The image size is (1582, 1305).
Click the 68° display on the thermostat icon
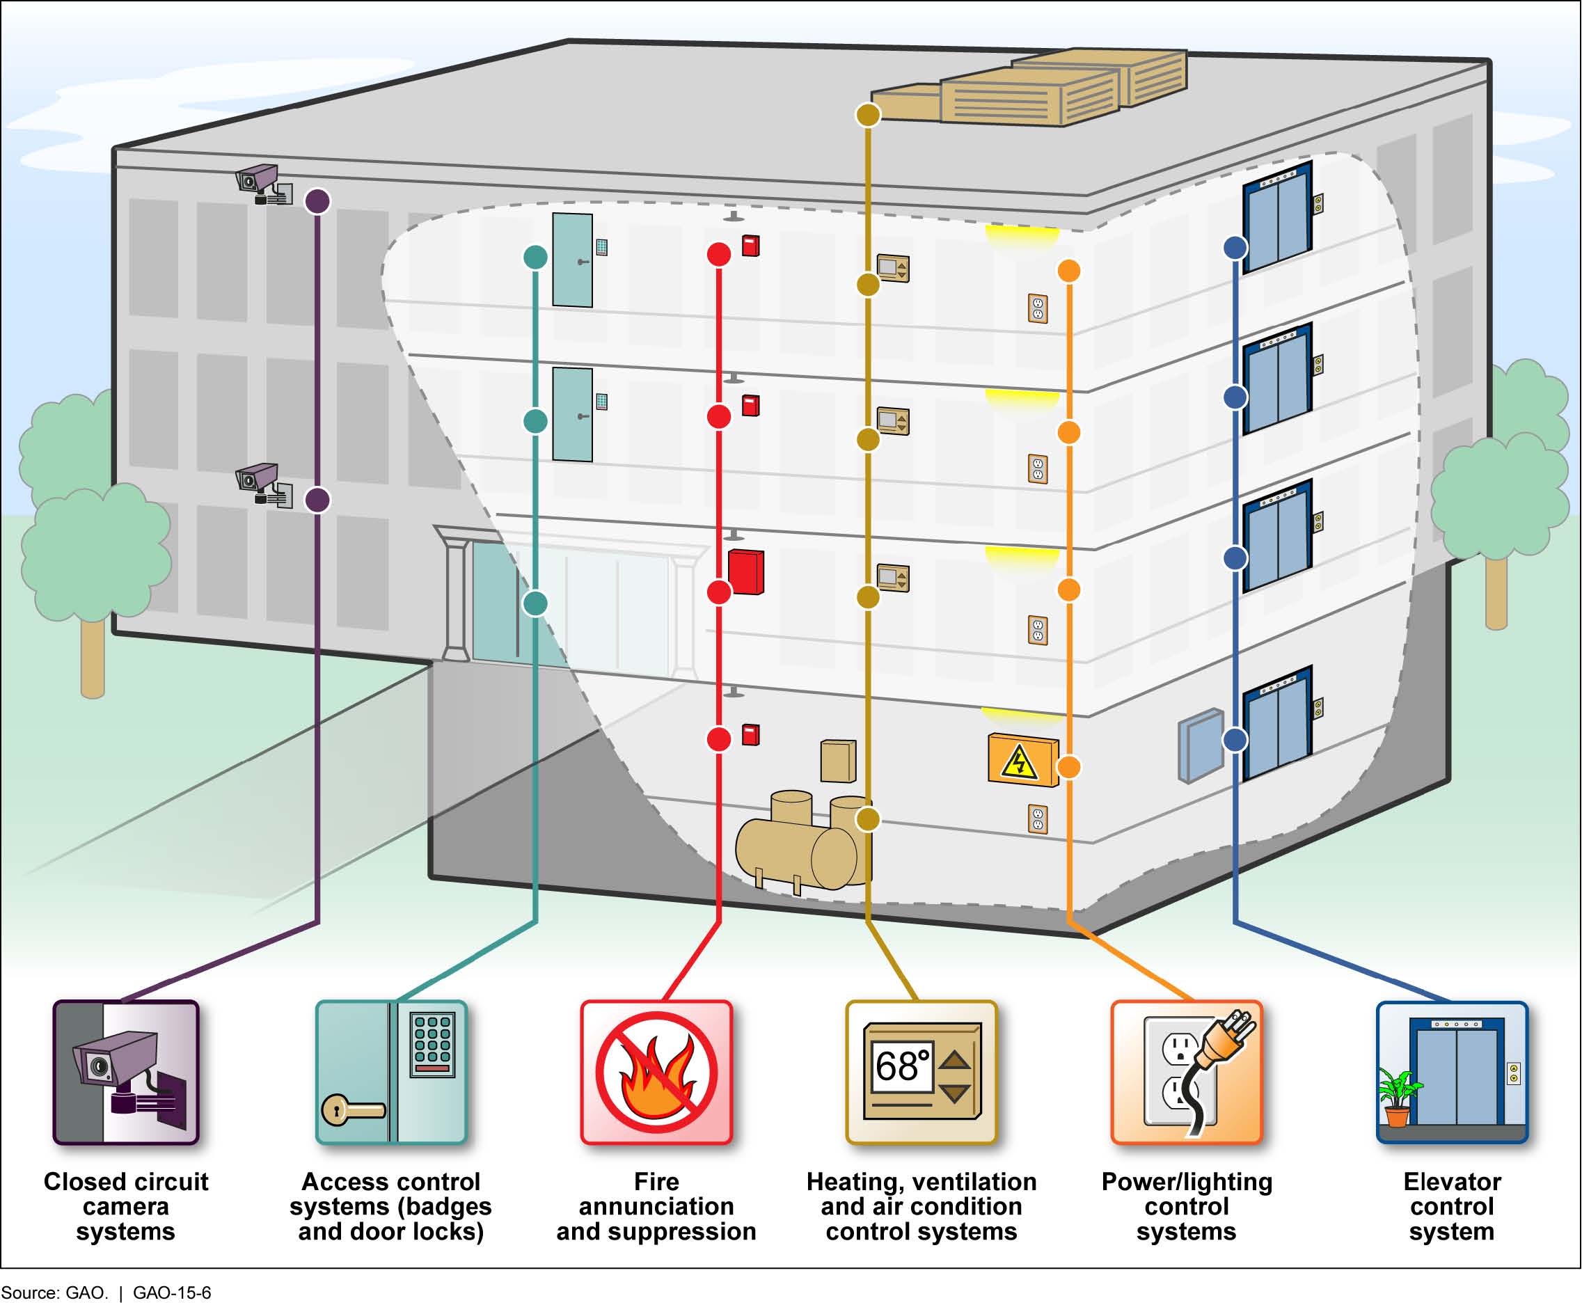(x=902, y=1066)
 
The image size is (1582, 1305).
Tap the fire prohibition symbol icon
(x=656, y=1073)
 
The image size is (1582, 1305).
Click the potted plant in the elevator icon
(x=1397, y=1098)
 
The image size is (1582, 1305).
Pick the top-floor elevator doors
(x=1277, y=218)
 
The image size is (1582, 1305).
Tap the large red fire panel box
(x=745, y=572)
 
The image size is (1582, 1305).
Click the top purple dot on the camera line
(x=317, y=201)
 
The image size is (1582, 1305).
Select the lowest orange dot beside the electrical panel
(x=1068, y=767)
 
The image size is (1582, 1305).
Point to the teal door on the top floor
(x=572, y=260)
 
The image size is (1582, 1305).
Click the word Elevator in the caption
(x=1451, y=1182)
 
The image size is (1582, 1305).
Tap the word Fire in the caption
(x=656, y=1182)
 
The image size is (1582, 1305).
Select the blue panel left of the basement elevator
(x=1200, y=745)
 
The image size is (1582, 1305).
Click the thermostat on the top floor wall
(x=893, y=268)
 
